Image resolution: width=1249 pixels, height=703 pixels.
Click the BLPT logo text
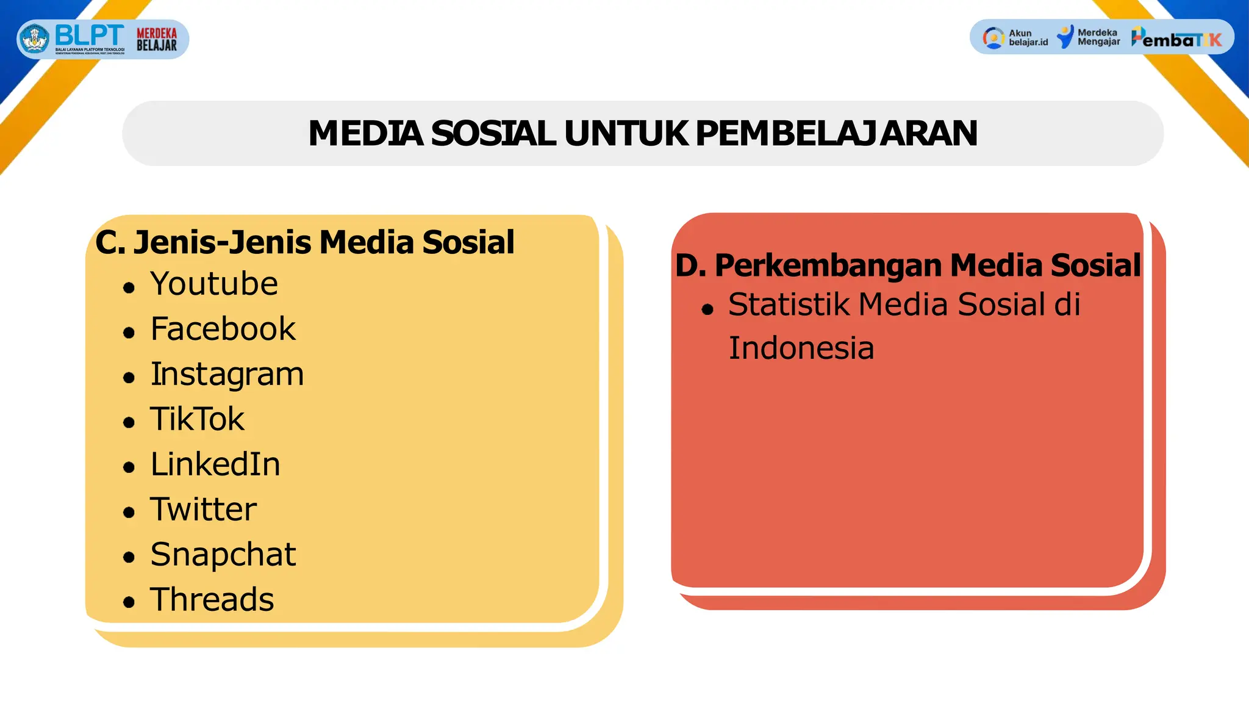pos(89,35)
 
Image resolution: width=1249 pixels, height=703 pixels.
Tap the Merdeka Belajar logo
pos(157,39)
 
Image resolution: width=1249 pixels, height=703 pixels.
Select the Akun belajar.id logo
pos(1015,38)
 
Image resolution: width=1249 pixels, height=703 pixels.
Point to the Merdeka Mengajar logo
pos(1089,37)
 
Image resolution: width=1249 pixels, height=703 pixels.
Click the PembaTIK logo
pos(1177,38)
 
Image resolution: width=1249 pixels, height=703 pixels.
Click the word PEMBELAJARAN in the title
pos(836,133)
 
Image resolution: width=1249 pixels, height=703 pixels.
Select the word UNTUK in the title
pos(626,133)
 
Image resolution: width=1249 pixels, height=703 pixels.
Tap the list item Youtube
pos(214,284)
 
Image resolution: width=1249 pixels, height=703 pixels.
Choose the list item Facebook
pos(223,329)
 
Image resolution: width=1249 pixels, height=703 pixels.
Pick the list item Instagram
pos(227,374)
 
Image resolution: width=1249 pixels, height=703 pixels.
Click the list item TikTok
pos(197,419)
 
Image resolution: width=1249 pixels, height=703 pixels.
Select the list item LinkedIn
pos(215,464)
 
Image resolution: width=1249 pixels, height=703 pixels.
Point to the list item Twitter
pos(203,510)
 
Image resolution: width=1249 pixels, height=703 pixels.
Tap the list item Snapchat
pos(223,555)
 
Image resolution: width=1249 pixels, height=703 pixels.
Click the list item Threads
pos(212,600)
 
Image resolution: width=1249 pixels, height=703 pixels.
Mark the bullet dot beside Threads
pos(129,602)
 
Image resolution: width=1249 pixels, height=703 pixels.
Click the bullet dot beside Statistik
pos(707,309)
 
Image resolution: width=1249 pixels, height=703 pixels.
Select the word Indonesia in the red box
pos(801,348)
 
